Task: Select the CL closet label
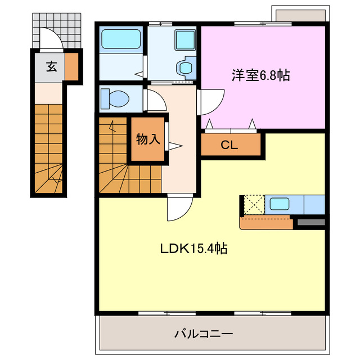tap(229, 145)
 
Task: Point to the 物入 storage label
tap(148, 139)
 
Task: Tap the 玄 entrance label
tap(51, 66)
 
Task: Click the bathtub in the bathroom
tap(120, 40)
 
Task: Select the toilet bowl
tap(118, 99)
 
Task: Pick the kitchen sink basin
tap(278, 204)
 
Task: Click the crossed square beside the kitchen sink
tap(253, 204)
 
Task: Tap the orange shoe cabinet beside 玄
tap(71, 66)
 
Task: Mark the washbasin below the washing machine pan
tap(184, 67)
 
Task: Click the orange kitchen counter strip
tap(266, 223)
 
